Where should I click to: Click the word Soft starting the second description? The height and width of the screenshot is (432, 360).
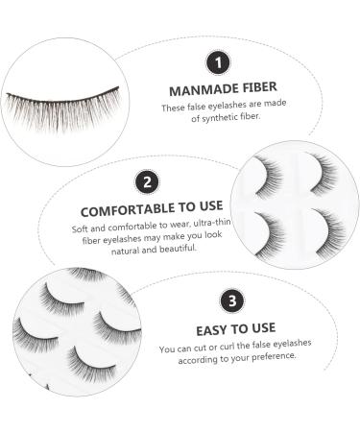tap(81, 229)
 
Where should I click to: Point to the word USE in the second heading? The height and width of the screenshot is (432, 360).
tap(207, 208)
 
